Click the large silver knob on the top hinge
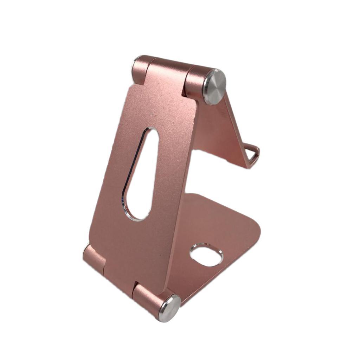click(214, 86)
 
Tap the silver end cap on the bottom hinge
click(169, 308)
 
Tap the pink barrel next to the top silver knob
click(195, 82)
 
